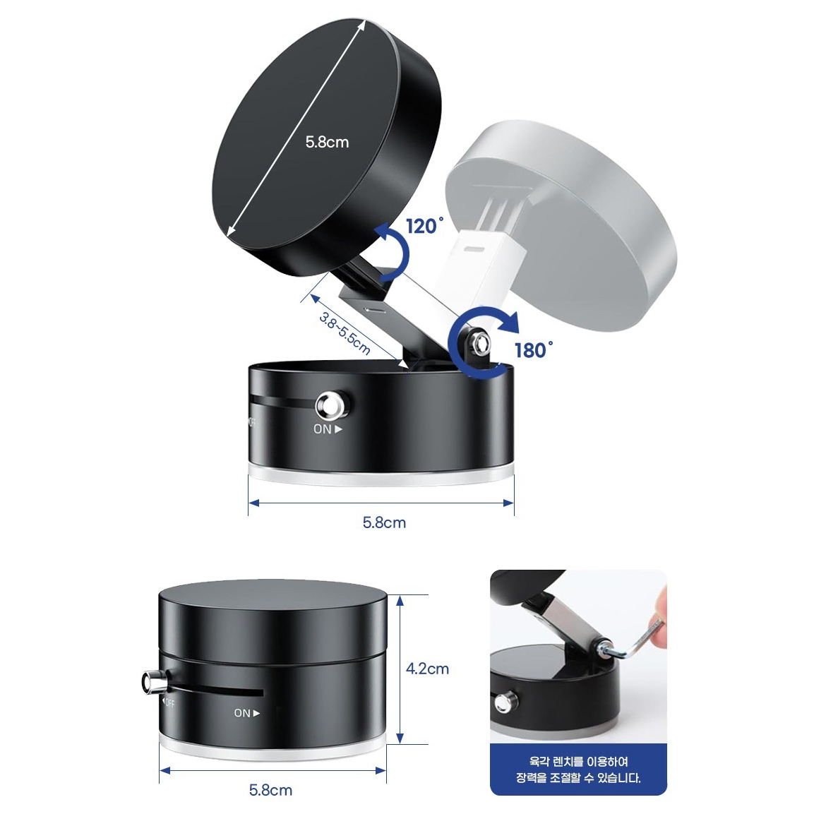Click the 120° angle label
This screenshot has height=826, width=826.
pyautogui.click(x=424, y=226)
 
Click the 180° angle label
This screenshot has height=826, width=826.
pyautogui.click(x=534, y=349)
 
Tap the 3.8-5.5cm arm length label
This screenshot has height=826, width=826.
pyautogui.click(x=345, y=333)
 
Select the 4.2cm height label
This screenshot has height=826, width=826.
pyautogui.click(x=427, y=669)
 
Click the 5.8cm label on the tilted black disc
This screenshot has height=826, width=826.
pyautogui.click(x=327, y=142)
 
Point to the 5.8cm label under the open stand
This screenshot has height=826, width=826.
pyautogui.click(x=384, y=522)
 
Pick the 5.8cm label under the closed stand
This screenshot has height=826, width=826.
pyautogui.click(x=271, y=790)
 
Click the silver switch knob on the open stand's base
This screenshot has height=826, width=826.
pyautogui.click(x=332, y=406)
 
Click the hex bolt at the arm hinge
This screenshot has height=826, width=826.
pyautogui.click(x=478, y=344)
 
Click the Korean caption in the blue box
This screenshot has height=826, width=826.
pyautogui.click(x=578, y=770)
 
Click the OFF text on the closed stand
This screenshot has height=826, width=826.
pyautogui.click(x=168, y=702)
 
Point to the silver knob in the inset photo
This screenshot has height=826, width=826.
pyautogui.click(x=505, y=701)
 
